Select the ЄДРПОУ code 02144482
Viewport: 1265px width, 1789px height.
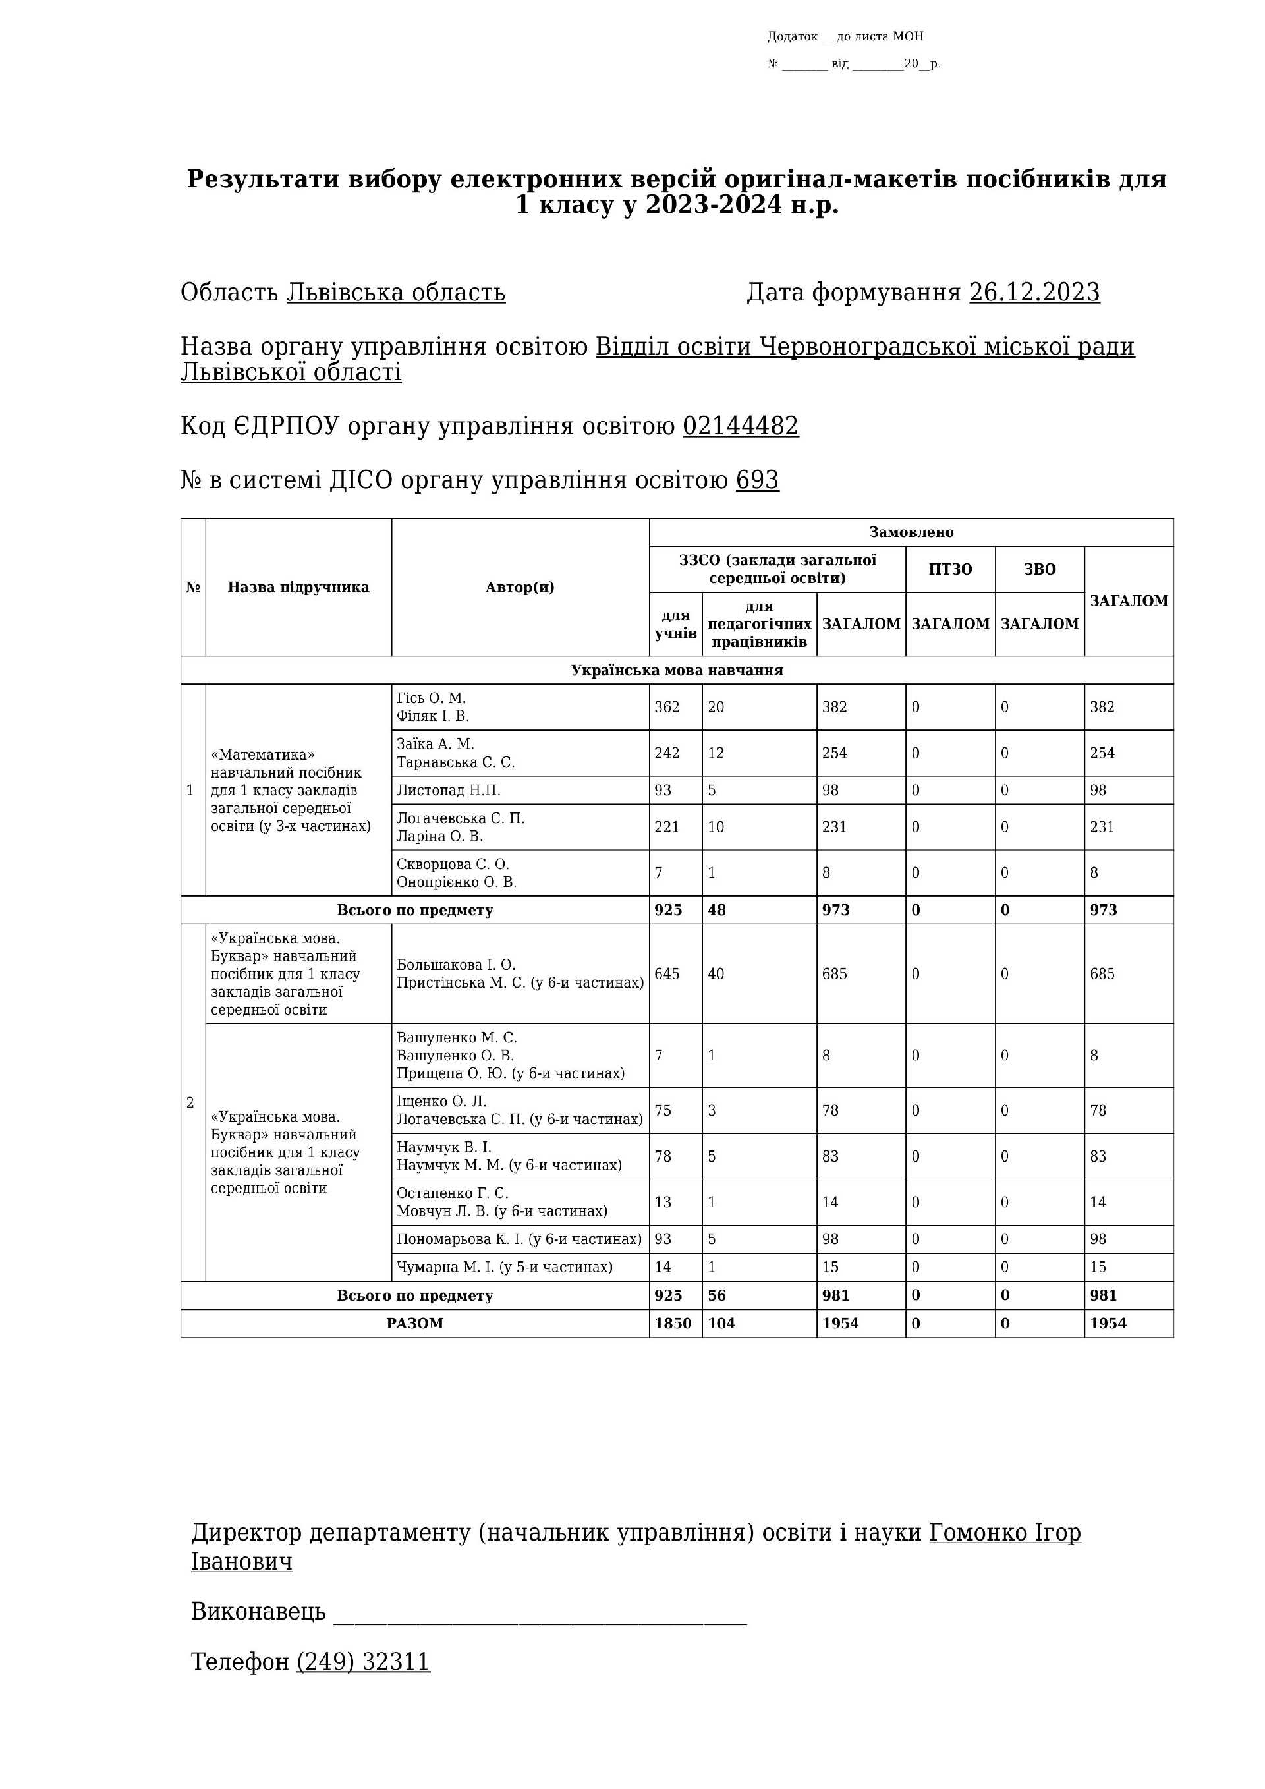(x=740, y=426)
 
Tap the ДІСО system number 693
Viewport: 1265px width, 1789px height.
(x=756, y=480)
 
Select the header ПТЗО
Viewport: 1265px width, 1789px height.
(x=949, y=569)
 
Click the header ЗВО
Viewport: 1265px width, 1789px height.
(x=1039, y=569)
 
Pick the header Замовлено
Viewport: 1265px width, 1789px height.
(x=911, y=532)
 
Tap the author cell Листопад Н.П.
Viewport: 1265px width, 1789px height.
(x=449, y=790)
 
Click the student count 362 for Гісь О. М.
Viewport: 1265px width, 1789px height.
(x=667, y=707)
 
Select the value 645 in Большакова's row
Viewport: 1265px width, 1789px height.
(x=667, y=973)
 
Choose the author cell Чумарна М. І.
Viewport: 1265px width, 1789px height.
(x=504, y=1267)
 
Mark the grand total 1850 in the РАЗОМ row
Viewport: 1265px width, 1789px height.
(x=673, y=1323)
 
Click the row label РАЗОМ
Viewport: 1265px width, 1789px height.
(x=414, y=1323)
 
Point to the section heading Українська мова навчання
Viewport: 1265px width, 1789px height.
(x=677, y=670)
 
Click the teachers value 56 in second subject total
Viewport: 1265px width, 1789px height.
(x=717, y=1295)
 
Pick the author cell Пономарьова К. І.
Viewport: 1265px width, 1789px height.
(x=519, y=1239)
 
